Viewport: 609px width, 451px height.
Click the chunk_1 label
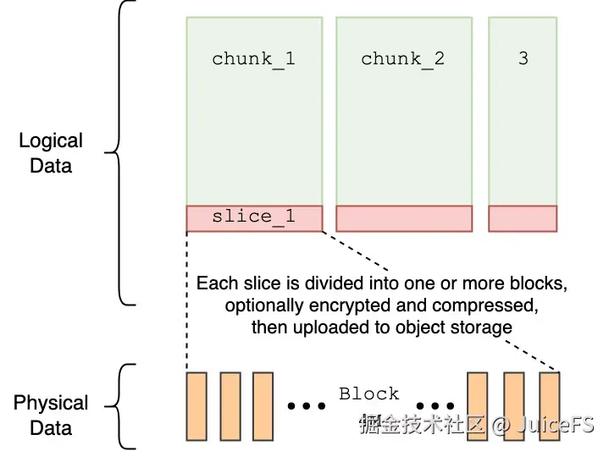[x=253, y=58]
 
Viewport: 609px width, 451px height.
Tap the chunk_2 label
[x=402, y=58]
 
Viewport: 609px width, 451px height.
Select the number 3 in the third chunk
[x=523, y=58]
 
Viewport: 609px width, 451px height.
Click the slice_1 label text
[x=253, y=217]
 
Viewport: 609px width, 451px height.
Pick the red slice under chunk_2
[x=403, y=218]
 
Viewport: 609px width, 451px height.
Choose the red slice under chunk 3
[x=523, y=218]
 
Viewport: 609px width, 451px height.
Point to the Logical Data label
[x=51, y=153]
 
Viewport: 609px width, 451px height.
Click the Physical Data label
[x=51, y=415]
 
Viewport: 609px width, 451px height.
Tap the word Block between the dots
[x=369, y=393]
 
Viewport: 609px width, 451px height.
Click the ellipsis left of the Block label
[x=307, y=406]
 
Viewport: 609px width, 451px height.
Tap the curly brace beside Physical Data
[x=123, y=406]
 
